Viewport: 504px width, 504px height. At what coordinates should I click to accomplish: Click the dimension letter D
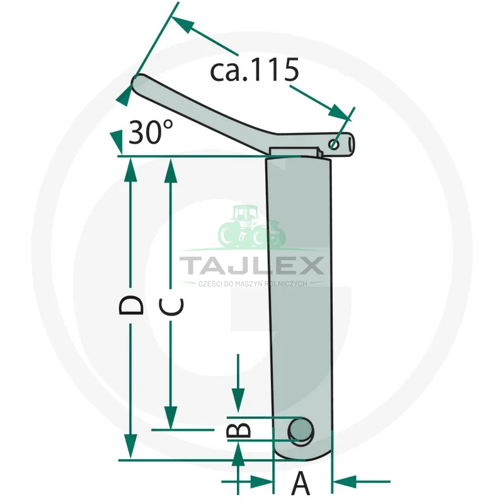point(131,305)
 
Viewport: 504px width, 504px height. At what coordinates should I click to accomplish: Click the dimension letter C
point(171,306)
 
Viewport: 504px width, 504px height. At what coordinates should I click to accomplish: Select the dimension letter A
point(301,483)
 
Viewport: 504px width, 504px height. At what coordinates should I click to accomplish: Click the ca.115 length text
point(255,70)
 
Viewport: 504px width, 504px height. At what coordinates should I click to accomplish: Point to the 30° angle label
point(151,132)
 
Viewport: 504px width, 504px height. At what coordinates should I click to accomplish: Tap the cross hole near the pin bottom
point(301,431)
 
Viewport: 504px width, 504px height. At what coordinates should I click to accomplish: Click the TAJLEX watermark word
point(251,265)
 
